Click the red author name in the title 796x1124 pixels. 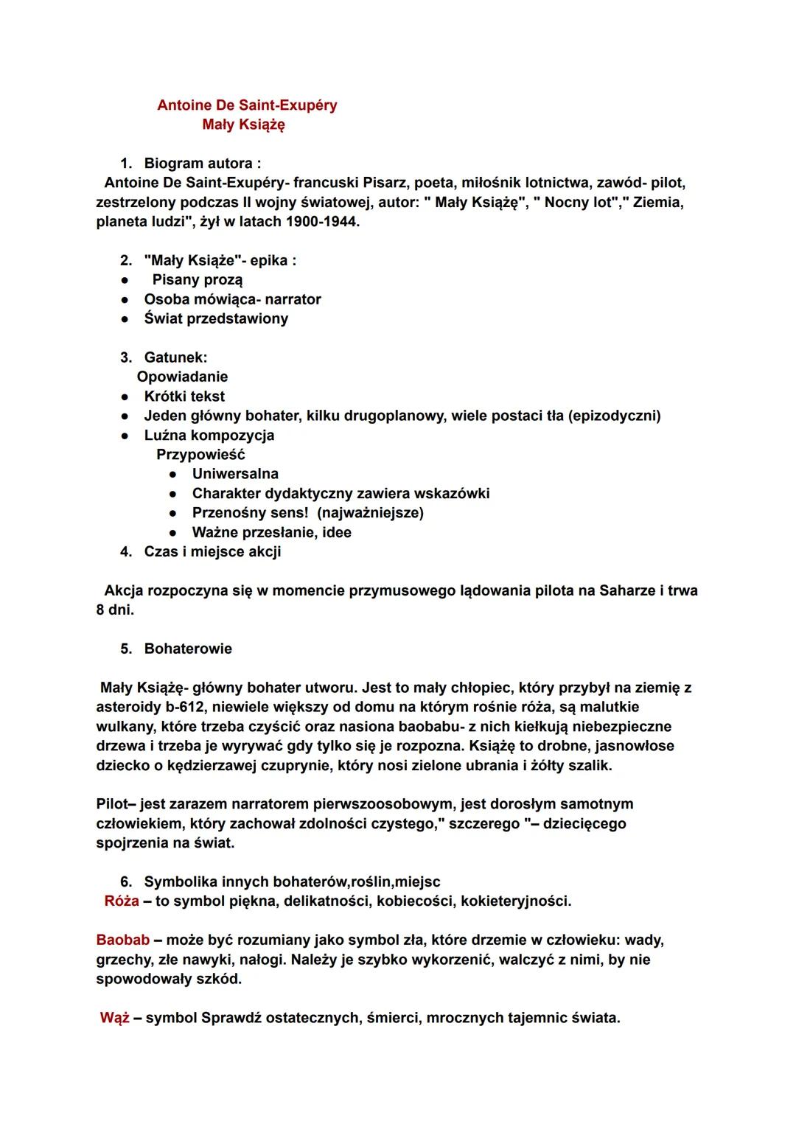[247, 105]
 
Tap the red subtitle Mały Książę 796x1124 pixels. [243, 125]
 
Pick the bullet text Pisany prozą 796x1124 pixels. [197, 280]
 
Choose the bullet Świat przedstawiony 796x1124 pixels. [216, 319]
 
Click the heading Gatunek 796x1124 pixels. [175, 358]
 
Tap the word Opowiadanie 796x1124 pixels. [182, 377]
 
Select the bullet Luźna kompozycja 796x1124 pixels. [209, 436]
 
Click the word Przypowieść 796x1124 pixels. [200, 455]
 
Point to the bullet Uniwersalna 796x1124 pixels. [235, 474]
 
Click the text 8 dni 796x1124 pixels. [115, 610]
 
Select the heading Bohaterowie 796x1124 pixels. [188, 649]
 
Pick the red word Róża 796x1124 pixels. [122, 901]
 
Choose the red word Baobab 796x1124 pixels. [122, 940]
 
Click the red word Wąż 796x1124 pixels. [115, 1019]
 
